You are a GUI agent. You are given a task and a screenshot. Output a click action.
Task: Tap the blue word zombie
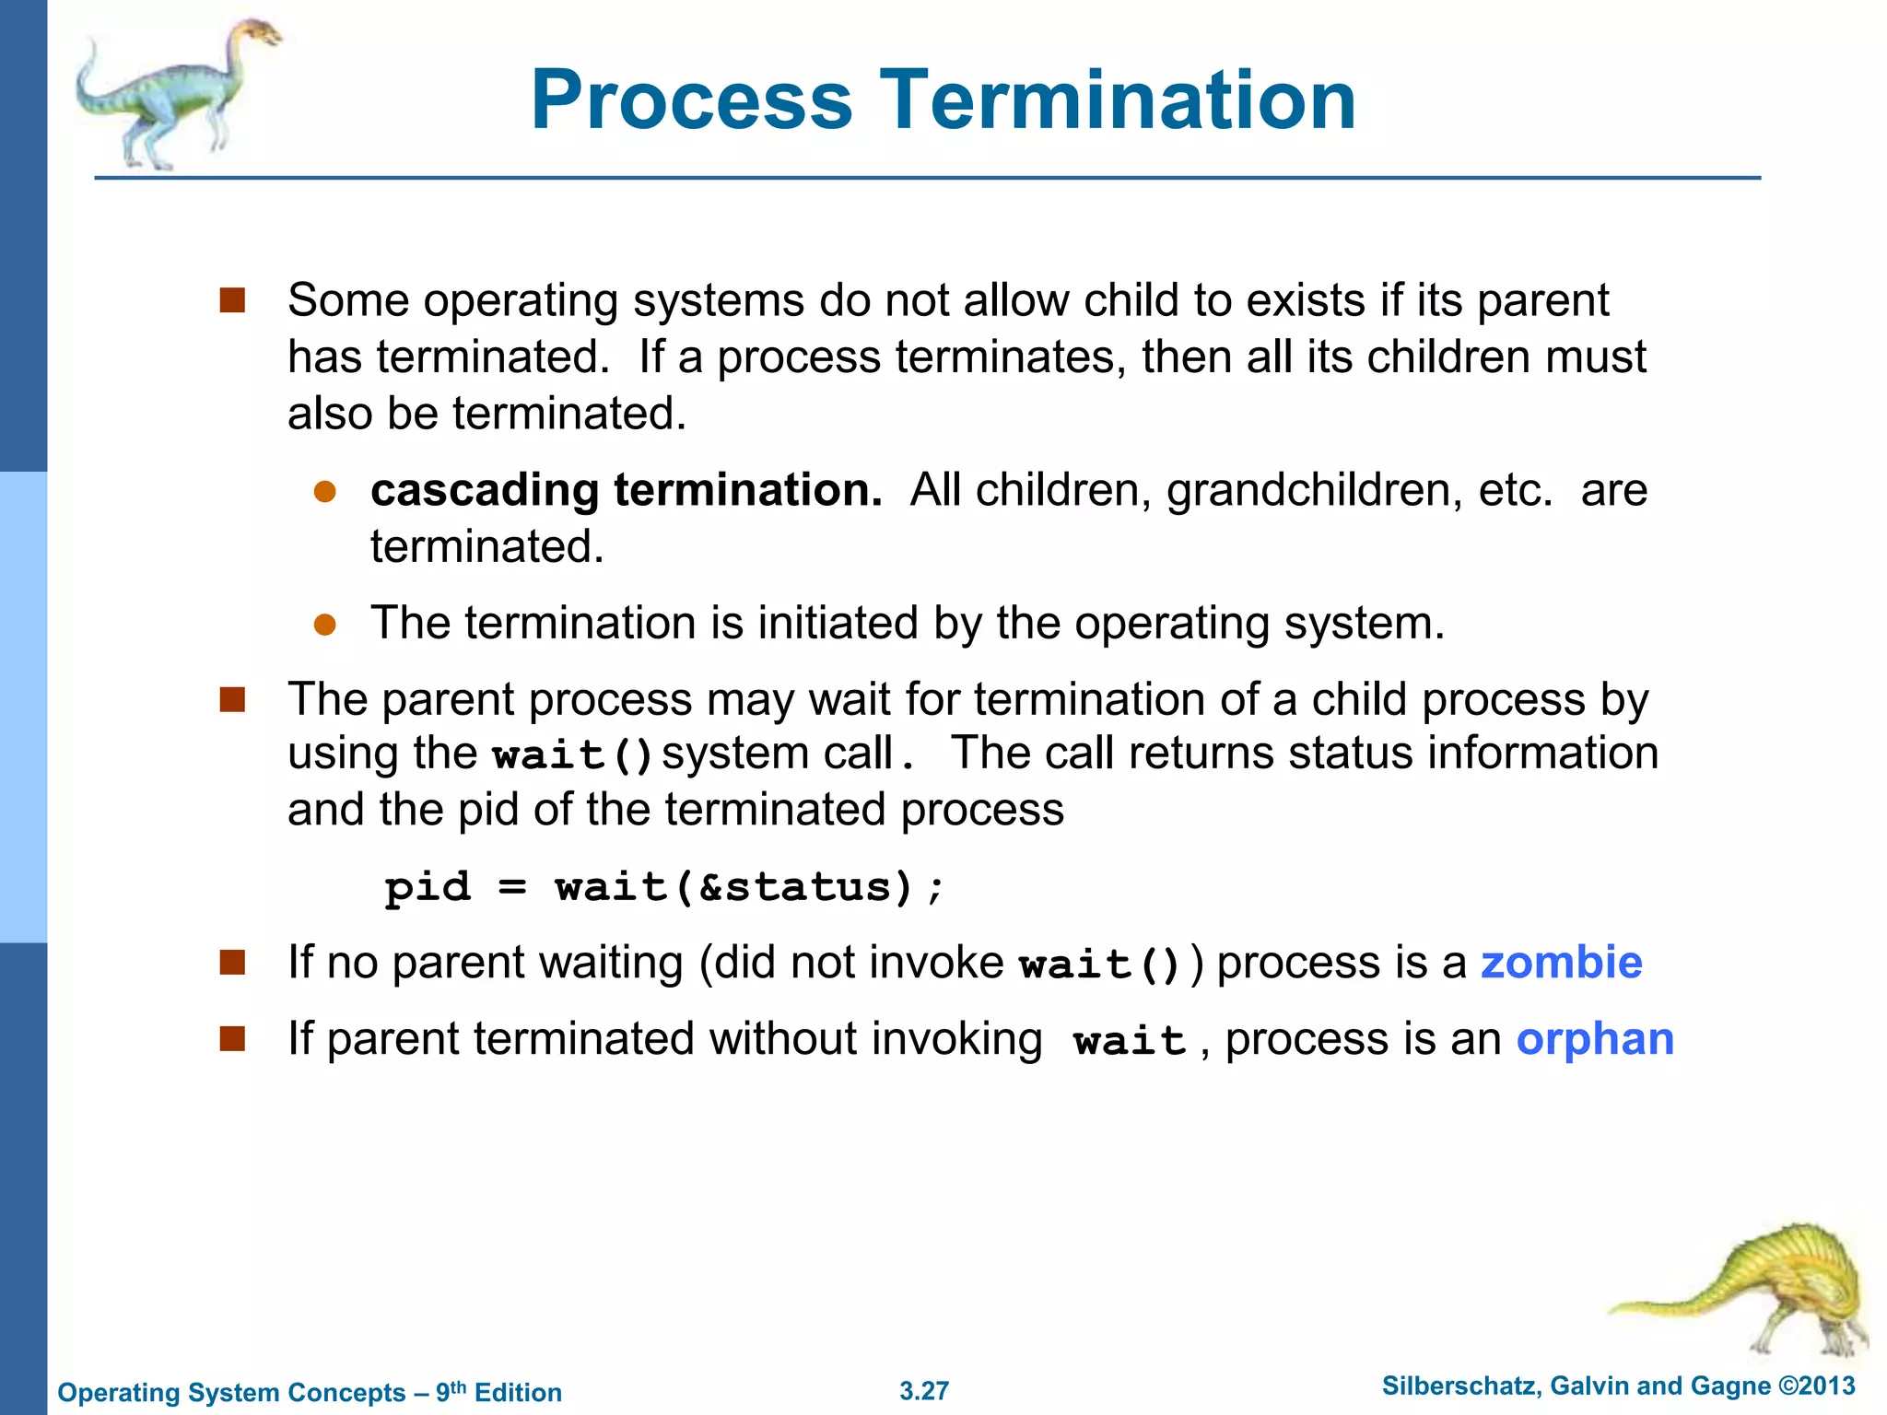pos(1561,963)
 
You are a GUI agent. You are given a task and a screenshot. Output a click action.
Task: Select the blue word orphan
pos(1595,1039)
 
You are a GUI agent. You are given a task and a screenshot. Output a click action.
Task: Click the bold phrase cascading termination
pos(626,489)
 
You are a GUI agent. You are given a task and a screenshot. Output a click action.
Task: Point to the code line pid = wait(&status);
pos(664,887)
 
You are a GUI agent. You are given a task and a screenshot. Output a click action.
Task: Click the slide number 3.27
pos(924,1391)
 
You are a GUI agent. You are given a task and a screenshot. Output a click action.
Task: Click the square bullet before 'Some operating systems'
pos(232,300)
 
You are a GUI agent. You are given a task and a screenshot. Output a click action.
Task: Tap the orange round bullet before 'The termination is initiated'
pos(324,625)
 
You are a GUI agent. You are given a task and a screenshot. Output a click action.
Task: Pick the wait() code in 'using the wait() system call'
pos(572,755)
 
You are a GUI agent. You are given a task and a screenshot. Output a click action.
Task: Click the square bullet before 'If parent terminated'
pos(232,1039)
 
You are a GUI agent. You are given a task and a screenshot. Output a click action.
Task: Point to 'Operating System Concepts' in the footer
pos(231,1392)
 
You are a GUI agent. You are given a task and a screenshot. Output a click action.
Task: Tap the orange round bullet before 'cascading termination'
pos(324,491)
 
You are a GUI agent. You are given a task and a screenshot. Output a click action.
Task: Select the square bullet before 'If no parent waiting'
pos(232,963)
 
